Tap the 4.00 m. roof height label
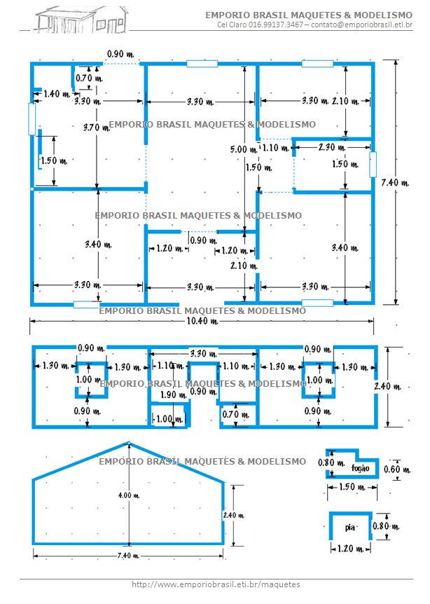[129, 495]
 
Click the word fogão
[361, 468]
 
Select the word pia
[350, 527]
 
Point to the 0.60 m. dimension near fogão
[397, 469]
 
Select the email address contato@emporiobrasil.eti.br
[362, 25]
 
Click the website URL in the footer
[216, 584]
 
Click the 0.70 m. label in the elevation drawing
[235, 415]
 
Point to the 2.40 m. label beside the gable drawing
[234, 515]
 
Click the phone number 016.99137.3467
[276, 25]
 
